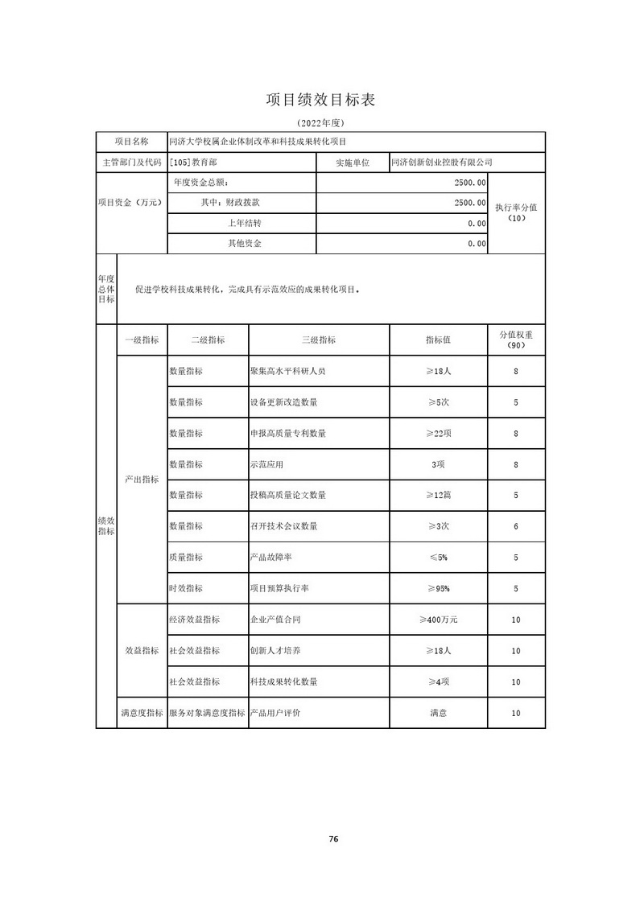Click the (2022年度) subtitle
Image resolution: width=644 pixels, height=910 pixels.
click(x=320, y=122)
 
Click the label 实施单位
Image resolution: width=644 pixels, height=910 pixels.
click(x=352, y=163)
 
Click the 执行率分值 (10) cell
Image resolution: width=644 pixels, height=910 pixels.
click(x=517, y=212)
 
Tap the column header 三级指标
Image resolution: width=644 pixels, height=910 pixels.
click(x=319, y=340)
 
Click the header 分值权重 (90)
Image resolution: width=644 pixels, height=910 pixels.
click(x=517, y=340)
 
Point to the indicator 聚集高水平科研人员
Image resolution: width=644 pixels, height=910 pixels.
click(x=287, y=372)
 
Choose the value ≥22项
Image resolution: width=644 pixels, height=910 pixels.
click(x=438, y=434)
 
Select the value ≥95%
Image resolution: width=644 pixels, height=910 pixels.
click(x=438, y=589)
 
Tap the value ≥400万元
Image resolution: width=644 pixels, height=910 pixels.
click(x=438, y=620)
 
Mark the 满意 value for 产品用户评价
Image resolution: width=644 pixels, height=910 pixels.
click(x=438, y=713)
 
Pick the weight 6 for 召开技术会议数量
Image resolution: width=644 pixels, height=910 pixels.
click(x=515, y=526)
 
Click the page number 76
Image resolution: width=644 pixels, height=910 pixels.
click(x=333, y=839)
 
